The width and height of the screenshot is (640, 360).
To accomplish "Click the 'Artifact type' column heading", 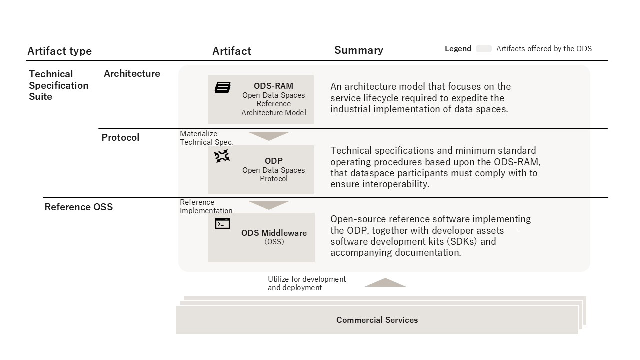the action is (x=59, y=51).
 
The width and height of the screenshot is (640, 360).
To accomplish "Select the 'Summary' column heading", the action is (x=359, y=50).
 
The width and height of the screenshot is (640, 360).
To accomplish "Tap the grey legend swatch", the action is (x=483, y=49).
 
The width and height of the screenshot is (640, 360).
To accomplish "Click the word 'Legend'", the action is (x=458, y=49).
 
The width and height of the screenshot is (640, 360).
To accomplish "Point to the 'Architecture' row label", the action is (x=132, y=73).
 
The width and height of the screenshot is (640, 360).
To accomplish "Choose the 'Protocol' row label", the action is (x=120, y=137).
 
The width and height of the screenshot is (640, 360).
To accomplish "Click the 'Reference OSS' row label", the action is (x=79, y=207).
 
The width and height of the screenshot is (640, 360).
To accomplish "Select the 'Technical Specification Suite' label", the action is (x=59, y=85).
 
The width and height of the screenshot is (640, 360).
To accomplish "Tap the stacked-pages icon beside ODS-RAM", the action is (x=223, y=88).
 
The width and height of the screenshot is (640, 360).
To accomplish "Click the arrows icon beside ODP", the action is (x=222, y=156).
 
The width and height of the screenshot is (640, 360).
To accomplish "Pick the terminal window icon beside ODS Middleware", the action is (x=222, y=223).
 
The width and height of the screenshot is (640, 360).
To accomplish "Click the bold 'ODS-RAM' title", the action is (x=273, y=86).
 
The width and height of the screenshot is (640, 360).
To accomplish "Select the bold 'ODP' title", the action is (x=273, y=161).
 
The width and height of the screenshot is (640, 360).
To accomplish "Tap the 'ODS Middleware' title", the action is (x=274, y=233).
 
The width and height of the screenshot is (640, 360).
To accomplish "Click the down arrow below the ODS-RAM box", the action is (x=269, y=136).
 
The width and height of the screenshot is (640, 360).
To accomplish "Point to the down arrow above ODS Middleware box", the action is (x=269, y=205).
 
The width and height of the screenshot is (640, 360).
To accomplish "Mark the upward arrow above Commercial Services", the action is (x=385, y=282).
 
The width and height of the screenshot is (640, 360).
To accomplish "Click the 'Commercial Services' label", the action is (x=377, y=320).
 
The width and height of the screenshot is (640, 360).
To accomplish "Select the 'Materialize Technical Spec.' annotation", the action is (x=206, y=138).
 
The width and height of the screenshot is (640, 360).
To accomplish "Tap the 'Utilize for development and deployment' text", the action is (x=307, y=283).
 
